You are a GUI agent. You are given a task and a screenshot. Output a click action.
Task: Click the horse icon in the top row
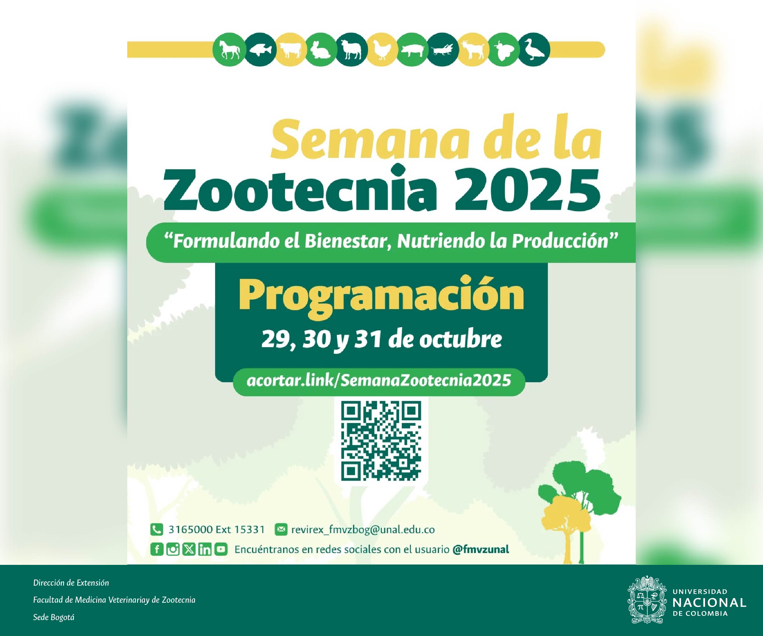tap(229, 50)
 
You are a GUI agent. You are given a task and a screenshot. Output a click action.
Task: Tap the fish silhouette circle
tap(260, 50)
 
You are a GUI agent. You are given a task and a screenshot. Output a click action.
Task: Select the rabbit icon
tap(321, 50)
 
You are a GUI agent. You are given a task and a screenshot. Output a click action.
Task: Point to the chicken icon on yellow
tap(382, 50)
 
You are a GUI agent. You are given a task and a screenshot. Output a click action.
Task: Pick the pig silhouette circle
tap(412, 50)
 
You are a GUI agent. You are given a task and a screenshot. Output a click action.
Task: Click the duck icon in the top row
tap(534, 50)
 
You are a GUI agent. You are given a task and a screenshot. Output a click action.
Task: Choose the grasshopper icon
tap(443, 50)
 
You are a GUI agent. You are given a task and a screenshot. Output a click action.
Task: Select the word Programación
tap(382, 296)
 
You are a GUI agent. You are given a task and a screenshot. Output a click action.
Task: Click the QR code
tap(381, 441)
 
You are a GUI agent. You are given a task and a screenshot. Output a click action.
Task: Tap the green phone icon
tap(157, 529)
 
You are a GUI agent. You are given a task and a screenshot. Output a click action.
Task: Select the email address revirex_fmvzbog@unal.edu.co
tap(363, 529)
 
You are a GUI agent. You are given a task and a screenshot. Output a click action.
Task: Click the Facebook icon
tap(157, 549)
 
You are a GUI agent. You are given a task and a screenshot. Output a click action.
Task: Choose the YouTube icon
tap(221, 549)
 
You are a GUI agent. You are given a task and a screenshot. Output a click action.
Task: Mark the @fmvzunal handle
tap(481, 549)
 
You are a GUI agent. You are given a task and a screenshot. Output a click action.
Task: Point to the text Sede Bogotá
tap(54, 617)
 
